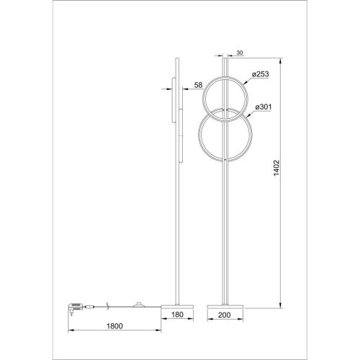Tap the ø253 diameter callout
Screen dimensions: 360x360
pos(261,73)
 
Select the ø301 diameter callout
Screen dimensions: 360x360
pos(264,107)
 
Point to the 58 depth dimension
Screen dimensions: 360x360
pos(198,86)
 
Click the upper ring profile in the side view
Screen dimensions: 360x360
pos(174,90)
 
